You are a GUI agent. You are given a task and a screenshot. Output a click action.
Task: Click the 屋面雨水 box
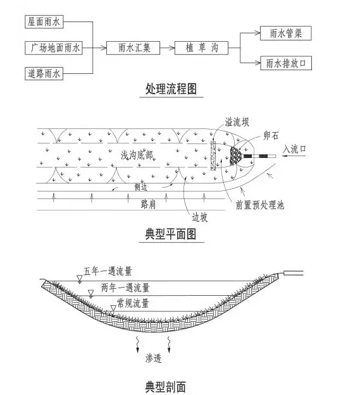[x=44, y=21]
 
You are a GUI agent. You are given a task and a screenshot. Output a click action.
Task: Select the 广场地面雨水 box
[x=54, y=48]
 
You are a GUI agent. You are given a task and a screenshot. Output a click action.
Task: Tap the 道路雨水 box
[x=44, y=73]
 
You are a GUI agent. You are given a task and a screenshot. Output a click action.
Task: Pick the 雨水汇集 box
[x=133, y=48]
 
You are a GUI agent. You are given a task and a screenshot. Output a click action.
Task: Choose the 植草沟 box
[x=201, y=48]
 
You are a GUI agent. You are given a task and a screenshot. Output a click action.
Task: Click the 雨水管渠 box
[x=286, y=33]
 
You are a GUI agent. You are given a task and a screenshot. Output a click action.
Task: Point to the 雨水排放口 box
[x=286, y=63]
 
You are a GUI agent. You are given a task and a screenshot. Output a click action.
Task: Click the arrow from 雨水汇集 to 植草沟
[x=168, y=48]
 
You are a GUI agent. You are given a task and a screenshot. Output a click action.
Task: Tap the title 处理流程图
[x=171, y=88]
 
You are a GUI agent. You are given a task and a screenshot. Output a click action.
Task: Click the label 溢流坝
[x=237, y=122]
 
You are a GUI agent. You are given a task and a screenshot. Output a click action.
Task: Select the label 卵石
[x=271, y=135]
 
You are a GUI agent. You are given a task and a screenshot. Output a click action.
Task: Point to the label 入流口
[x=294, y=149]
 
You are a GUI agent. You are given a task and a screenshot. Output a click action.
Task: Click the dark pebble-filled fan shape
[x=236, y=156]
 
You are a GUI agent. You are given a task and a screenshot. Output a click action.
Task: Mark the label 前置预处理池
[x=260, y=205]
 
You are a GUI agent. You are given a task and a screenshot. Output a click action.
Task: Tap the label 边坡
[x=200, y=217]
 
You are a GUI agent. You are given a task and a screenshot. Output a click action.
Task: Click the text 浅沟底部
[x=137, y=155]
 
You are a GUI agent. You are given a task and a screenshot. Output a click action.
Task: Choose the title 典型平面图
[x=171, y=234]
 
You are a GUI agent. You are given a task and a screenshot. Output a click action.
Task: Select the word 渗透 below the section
[x=153, y=358]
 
